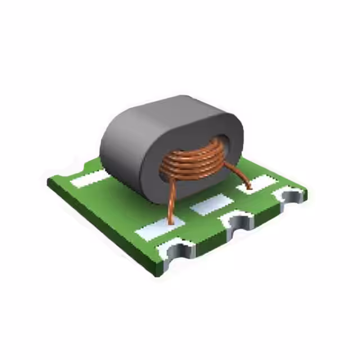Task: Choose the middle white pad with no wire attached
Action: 211,205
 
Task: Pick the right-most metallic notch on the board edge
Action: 291,197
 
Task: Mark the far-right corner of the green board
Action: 307,193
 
